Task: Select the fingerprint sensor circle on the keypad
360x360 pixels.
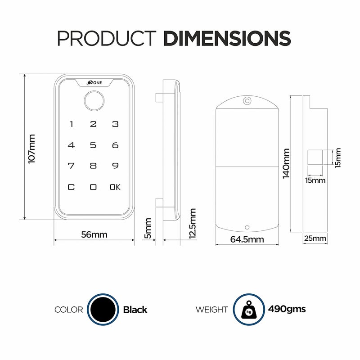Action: coord(93,102)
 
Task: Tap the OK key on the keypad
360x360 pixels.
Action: coord(115,187)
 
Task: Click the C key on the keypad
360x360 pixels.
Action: coord(71,187)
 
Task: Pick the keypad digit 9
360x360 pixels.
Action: coord(115,166)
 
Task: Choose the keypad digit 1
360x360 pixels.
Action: coord(71,124)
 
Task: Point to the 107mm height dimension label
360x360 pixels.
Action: coord(32,149)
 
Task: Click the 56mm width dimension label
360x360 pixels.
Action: coord(94,234)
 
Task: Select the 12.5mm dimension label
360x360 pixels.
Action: coord(193,224)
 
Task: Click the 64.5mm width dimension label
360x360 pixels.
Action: coord(247,239)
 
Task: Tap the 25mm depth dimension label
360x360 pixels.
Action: coord(315,238)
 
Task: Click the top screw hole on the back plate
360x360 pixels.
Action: coord(247,102)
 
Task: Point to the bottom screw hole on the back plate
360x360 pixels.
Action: coord(247,228)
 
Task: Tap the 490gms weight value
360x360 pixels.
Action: coord(287,309)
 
